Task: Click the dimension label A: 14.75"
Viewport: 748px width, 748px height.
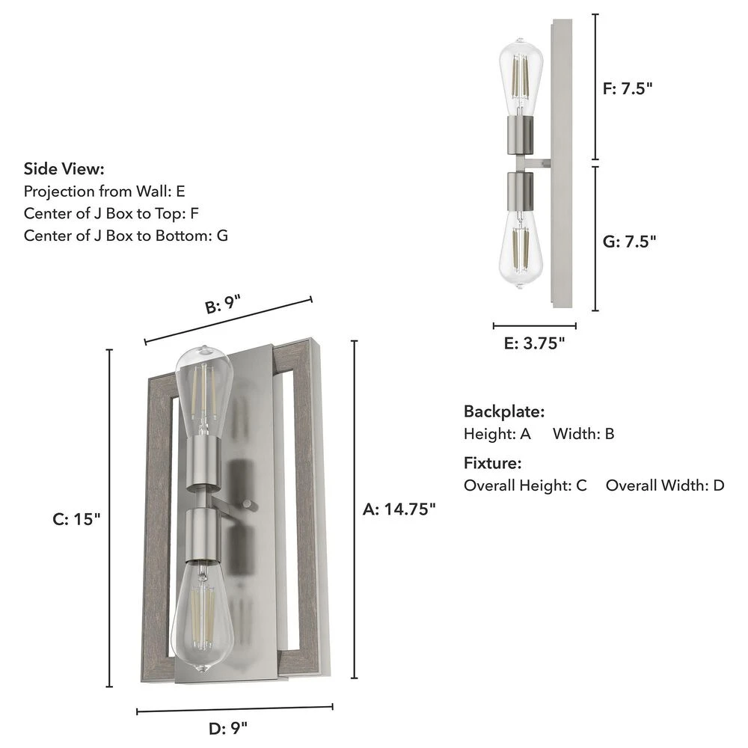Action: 399,509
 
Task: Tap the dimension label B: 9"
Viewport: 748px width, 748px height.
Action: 223,305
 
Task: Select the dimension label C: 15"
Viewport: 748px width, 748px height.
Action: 77,519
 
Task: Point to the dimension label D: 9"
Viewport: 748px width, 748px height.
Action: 228,729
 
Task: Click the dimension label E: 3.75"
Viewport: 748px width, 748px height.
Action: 534,343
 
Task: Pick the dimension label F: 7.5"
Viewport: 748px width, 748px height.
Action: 628,89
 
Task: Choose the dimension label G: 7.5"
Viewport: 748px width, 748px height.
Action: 630,242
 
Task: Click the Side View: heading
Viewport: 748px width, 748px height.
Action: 64,169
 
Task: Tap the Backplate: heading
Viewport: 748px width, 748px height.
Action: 504,411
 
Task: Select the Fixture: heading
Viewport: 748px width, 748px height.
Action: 493,463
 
